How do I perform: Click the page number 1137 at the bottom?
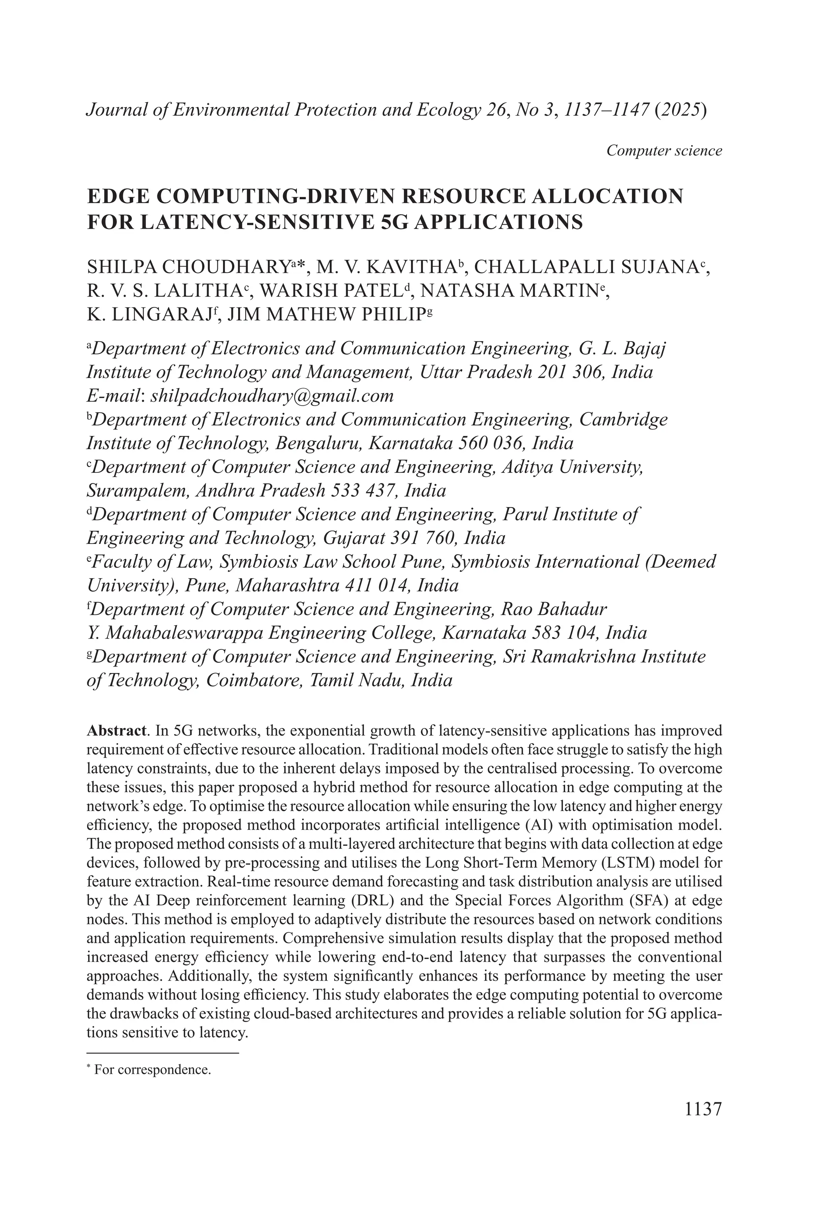(x=703, y=1109)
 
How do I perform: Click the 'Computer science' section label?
(x=664, y=151)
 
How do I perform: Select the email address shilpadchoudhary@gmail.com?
(x=271, y=396)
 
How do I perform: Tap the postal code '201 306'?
(x=571, y=372)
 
